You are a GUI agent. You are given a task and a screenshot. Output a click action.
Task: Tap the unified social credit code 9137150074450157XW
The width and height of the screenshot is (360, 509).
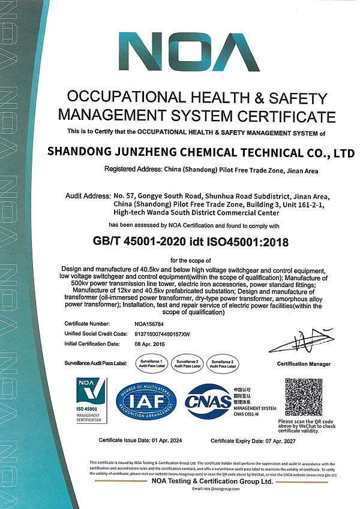coord(170,333)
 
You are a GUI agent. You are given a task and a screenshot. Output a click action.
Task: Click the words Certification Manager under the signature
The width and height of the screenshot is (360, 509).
coord(304,364)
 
